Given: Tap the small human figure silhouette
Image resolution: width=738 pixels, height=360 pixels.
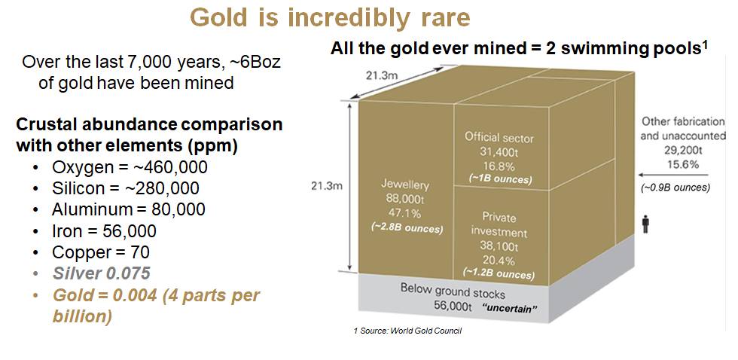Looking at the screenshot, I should pos(645,224).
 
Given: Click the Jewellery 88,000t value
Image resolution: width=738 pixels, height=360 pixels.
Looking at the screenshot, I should pos(404,199).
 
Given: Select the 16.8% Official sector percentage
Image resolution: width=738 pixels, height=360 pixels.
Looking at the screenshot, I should pos(497,166).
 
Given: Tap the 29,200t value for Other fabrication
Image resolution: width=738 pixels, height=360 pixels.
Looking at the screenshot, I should pos(682,151).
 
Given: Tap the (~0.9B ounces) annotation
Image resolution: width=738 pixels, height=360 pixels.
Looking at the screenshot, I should pos(674,187).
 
